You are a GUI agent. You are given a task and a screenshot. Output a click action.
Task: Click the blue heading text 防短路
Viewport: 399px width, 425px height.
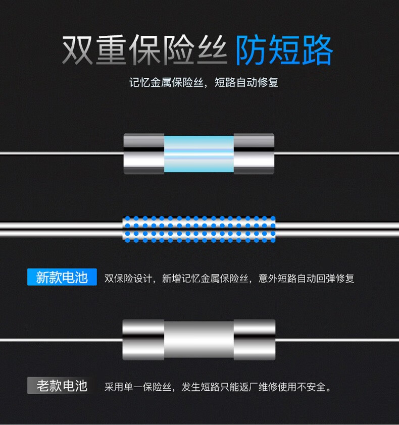[284, 49]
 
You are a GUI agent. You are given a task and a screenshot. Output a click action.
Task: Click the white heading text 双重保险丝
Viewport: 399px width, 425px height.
[144, 50]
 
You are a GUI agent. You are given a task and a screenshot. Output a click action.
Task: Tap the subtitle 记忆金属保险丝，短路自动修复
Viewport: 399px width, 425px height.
[204, 82]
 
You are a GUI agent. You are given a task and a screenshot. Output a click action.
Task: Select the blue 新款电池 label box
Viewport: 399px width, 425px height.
[62, 277]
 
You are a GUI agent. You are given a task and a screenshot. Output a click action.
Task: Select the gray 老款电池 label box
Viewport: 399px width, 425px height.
[62, 386]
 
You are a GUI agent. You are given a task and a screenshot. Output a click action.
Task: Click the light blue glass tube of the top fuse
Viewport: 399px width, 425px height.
[199, 154]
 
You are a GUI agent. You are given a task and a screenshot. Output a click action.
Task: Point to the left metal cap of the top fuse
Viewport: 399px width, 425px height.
[144, 153]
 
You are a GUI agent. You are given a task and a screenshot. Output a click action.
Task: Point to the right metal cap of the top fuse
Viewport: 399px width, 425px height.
[254, 153]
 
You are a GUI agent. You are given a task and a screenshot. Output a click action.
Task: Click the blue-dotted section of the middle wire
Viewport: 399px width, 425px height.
[199, 229]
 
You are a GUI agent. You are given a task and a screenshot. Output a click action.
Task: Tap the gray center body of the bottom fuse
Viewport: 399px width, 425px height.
[199, 340]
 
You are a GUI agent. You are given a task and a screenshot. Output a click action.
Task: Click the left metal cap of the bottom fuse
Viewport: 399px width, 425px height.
[143, 340]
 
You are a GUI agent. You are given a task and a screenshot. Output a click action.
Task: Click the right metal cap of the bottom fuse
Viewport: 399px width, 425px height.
[255, 340]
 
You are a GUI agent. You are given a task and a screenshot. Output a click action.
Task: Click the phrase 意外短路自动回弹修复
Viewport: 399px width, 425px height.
[306, 278]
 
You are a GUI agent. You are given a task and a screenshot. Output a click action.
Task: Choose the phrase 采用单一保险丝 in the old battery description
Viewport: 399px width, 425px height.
[138, 387]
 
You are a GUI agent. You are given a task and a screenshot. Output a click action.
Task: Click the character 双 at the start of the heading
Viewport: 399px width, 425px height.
[78, 50]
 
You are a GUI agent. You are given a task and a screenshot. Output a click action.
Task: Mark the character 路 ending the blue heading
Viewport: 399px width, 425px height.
[317, 50]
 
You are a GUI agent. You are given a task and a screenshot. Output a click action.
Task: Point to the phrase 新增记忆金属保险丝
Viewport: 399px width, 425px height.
[205, 278]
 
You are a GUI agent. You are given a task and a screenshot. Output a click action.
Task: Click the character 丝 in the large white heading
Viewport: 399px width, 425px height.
[212, 50]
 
